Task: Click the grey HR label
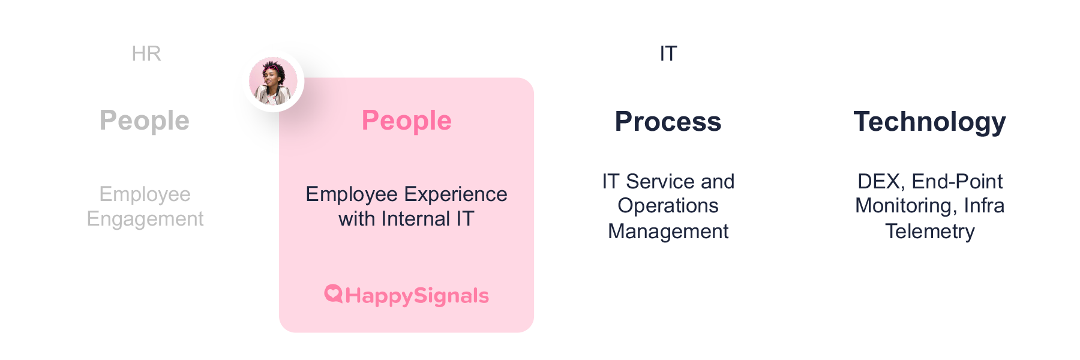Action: [x=146, y=53]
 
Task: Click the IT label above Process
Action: [x=668, y=53]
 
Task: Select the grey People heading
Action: [x=145, y=121]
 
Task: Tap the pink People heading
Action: [x=407, y=121]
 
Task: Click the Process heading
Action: [x=668, y=121]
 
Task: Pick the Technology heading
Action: [x=929, y=122]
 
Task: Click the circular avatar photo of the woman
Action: [x=274, y=81]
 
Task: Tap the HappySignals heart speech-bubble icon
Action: [x=333, y=293]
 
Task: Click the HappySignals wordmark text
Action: [x=417, y=296]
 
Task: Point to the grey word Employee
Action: [x=145, y=194]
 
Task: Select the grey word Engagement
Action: [x=145, y=219]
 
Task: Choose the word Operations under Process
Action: [x=668, y=206]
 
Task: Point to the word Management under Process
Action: [x=668, y=231]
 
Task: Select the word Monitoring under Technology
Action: [x=907, y=206]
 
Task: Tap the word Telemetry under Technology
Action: [x=930, y=231]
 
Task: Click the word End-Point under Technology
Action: [x=957, y=181]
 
